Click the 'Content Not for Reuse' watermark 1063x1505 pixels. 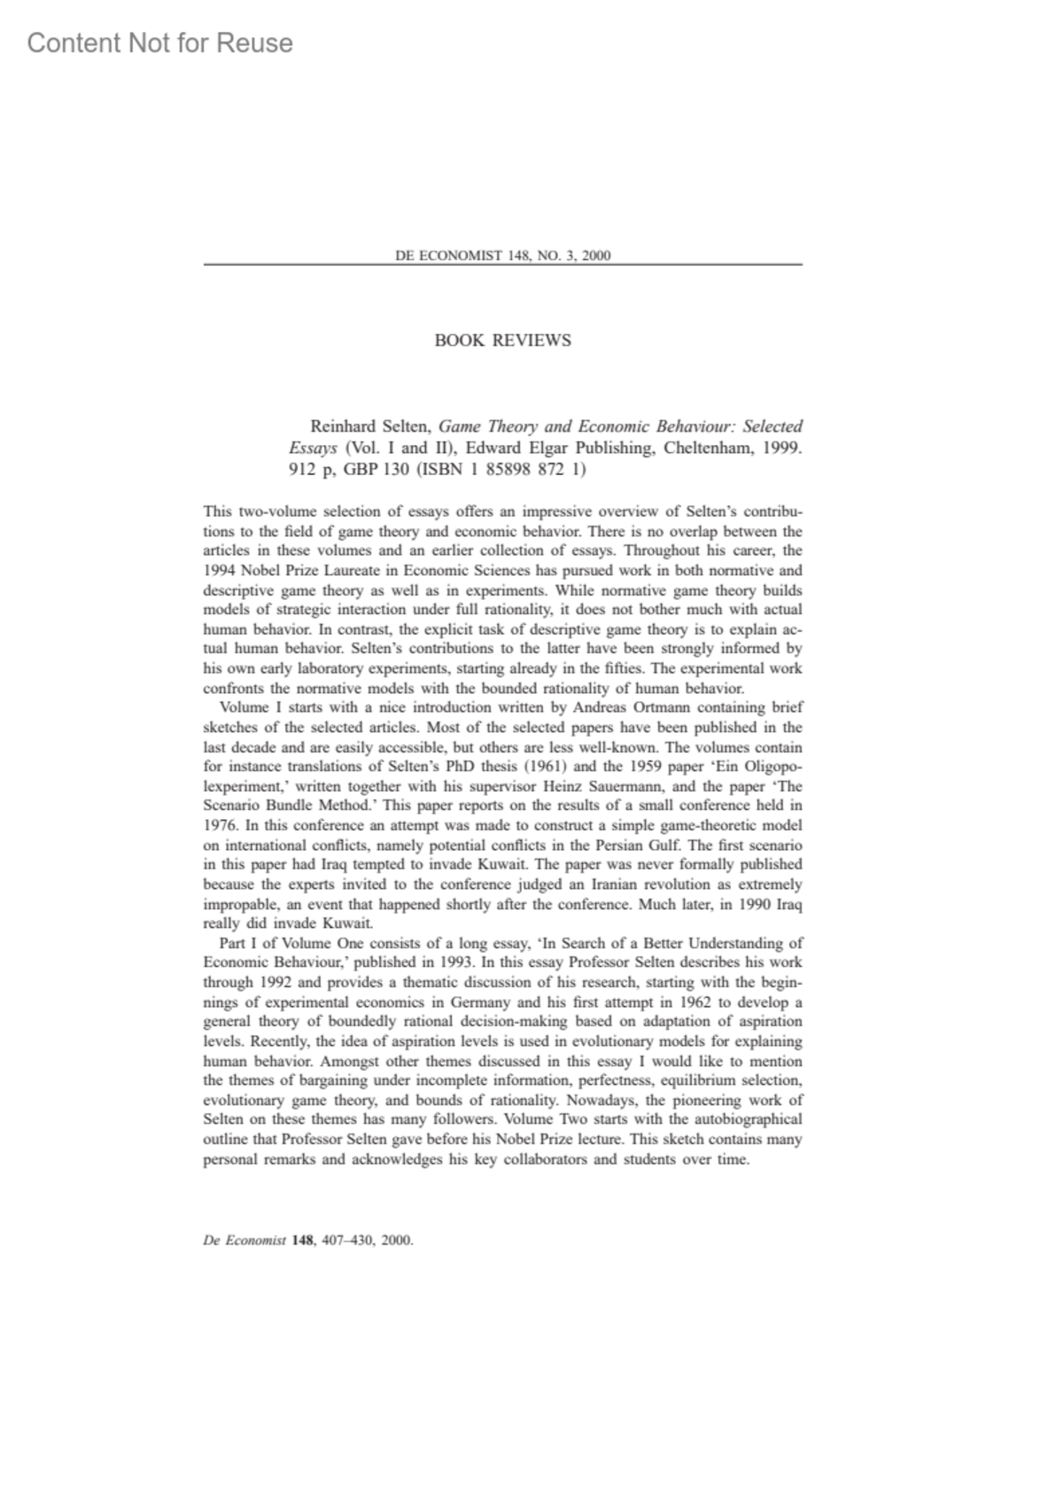(159, 43)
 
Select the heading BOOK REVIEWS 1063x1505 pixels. (502, 340)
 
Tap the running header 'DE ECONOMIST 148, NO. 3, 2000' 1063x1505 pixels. (502, 256)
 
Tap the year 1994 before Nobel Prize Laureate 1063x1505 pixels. (220, 571)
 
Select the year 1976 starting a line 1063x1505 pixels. (219, 825)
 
